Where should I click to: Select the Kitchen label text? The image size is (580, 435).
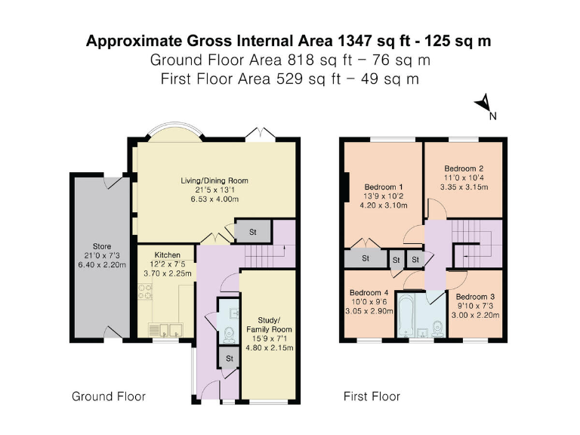point(168,255)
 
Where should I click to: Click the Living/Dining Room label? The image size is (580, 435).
point(214,181)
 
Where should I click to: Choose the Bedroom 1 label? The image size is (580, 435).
point(384,187)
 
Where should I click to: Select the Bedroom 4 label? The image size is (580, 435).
point(369,295)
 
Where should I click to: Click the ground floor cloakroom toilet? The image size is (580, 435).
point(230,323)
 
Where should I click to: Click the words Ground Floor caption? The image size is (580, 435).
point(108,396)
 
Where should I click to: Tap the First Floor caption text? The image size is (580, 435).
point(372,396)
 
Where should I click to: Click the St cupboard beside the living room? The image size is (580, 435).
point(251,232)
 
